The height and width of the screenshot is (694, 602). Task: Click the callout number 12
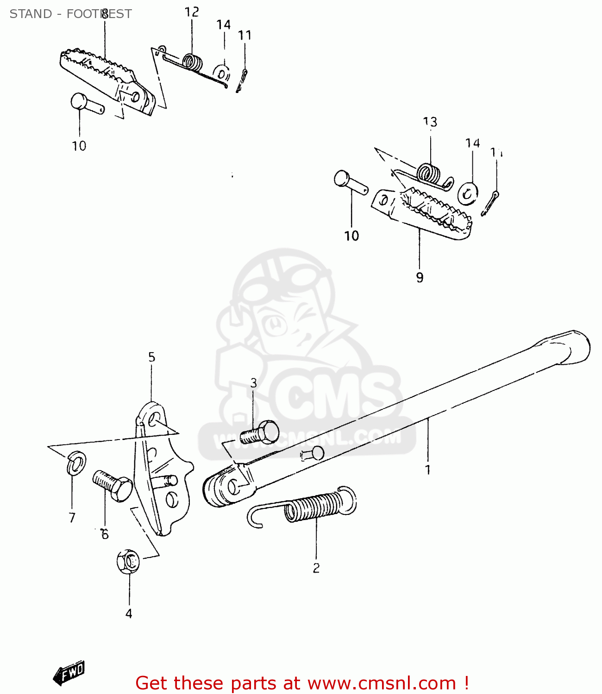pyautogui.click(x=192, y=12)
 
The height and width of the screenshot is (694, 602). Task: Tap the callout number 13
pyautogui.click(x=430, y=122)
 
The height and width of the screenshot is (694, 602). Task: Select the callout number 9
pyautogui.click(x=420, y=278)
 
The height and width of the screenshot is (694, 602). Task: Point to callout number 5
pyautogui.click(x=151, y=357)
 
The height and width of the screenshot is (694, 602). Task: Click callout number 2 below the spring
pyautogui.click(x=316, y=568)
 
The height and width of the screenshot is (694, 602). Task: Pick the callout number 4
pyautogui.click(x=129, y=613)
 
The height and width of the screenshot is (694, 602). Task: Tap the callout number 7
pyautogui.click(x=72, y=518)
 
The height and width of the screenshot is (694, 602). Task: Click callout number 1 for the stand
pyautogui.click(x=428, y=470)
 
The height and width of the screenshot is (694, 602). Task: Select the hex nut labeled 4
pyautogui.click(x=128, y=561)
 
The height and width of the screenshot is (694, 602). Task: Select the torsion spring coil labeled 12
pyautogui.click(x=193, y=62)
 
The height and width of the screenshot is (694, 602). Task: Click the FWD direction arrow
pyautogui.click(x=69, y=672)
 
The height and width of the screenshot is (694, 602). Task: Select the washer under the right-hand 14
pyautogui.click(x=468, y=193)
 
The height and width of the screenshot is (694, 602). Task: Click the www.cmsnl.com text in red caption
pyautogui.click(x=382, y=683)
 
